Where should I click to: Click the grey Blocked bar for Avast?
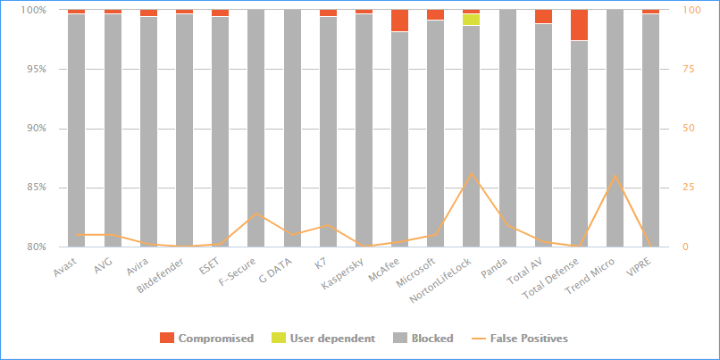(76, 130)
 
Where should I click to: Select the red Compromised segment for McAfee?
(399, 21)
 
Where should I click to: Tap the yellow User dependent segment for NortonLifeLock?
(471, 20)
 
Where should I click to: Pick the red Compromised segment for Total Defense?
(579, 25)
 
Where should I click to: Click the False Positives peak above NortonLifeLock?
(472, 173)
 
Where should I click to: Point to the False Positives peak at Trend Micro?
(615, 176)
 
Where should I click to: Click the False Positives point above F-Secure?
(255, 213)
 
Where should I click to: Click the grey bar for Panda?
(507, 129)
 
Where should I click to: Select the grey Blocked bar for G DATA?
(291, 129)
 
